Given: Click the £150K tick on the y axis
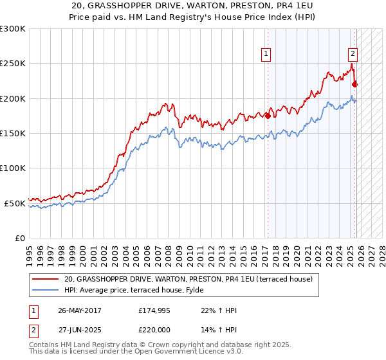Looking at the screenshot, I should coord(13,134).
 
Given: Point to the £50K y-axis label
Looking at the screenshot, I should coord(15,203).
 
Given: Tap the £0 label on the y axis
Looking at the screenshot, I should coord(20,238).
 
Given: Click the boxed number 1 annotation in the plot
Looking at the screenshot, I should coord(266,54).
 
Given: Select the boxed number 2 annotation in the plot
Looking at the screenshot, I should coord(353,54).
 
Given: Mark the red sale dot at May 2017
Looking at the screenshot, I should coord(268,116).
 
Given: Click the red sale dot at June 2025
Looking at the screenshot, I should coord(355,84).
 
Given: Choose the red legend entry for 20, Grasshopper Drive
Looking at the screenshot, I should coord(188,279).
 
